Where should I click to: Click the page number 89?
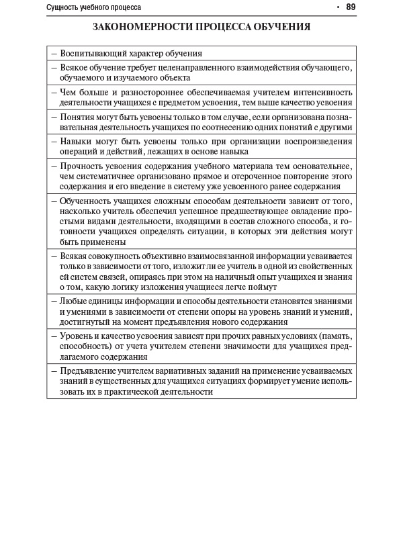(351, 7)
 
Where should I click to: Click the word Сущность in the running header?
(64, 8)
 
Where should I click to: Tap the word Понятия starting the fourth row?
(76, 117)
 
